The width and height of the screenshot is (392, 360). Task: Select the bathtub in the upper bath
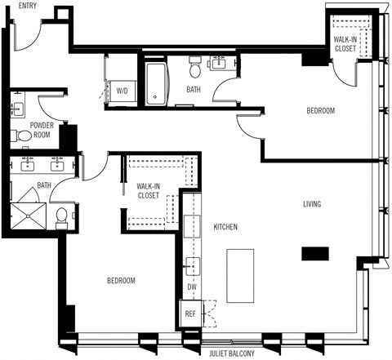point(156,85)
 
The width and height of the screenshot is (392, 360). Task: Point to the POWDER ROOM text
point(42,130)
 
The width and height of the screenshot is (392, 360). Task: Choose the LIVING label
point(311,204)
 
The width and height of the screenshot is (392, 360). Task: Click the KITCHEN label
point(225,226)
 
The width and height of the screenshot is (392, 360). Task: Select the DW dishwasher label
point(192,287)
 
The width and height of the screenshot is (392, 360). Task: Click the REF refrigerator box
point(190,313)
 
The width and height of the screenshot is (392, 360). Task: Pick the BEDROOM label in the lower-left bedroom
point(121,280)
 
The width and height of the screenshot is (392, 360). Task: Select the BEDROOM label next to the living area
point(320,111)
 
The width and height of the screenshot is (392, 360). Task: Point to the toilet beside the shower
point(62,216)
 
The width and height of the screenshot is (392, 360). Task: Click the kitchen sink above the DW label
point(191,264)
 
